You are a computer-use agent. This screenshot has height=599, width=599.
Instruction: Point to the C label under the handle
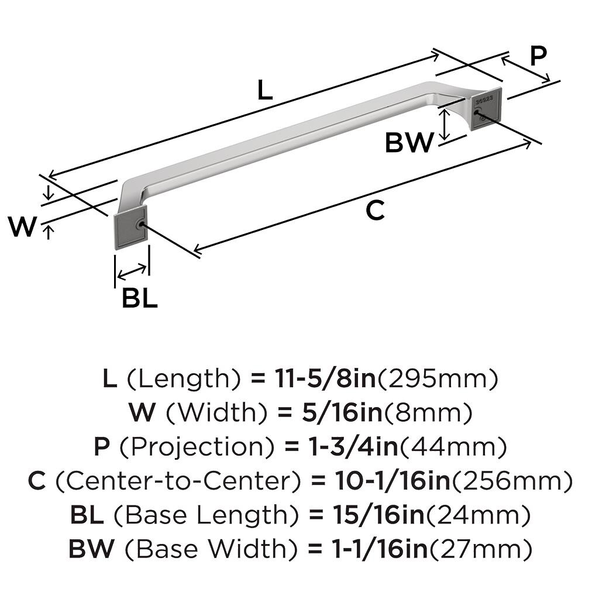pos(374,211)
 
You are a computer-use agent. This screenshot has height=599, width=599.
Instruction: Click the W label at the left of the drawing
pos(23,228)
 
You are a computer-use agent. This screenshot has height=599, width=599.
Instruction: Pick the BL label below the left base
pos(139,299)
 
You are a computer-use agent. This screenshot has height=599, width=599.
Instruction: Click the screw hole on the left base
pos(139,224)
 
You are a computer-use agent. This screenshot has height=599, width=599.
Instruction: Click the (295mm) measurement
pos(439,380)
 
